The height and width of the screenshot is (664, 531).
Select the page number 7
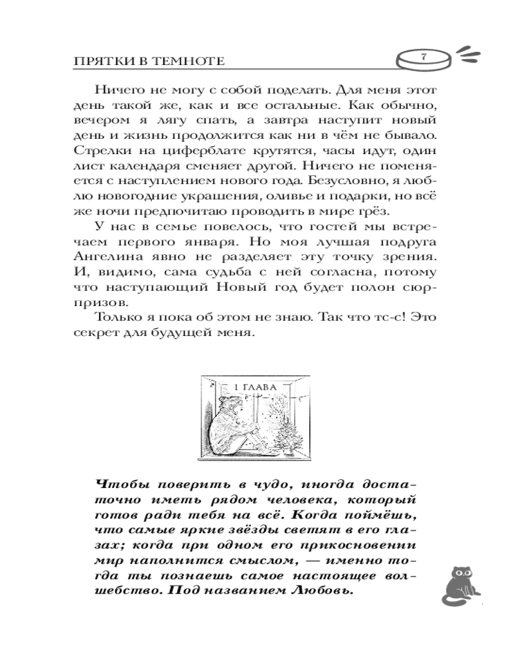click(423, 57)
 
